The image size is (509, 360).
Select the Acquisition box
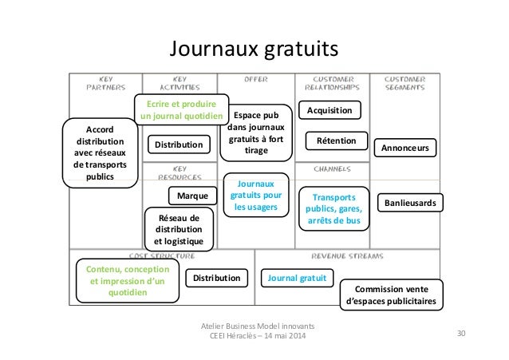(x=329, y=109)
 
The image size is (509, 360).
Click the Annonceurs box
(x=404, y=148)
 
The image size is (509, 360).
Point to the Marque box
(x=192, y=196)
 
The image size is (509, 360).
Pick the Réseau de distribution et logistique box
(x=180, y=228)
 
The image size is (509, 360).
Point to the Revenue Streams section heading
(x=346, y=256)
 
